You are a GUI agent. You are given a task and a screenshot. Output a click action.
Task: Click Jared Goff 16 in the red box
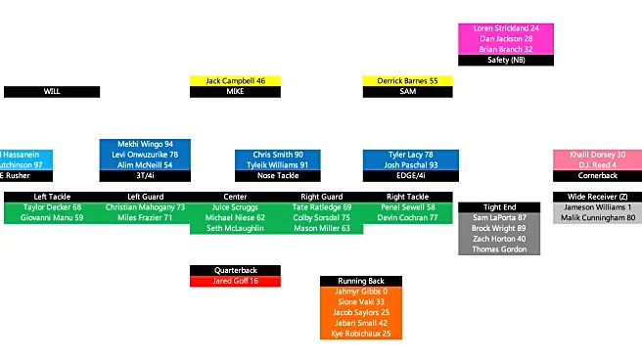pyautogui.click(x=235, y=281)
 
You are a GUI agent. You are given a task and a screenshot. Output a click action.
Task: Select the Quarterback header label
pyautogui.click(x=235, y=270)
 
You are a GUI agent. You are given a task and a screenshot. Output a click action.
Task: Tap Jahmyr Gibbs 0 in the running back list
pyautogui.click(x=361, y=292)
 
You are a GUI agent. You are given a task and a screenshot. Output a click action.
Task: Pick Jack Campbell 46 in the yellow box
pyautogui.click(x=235, y=80)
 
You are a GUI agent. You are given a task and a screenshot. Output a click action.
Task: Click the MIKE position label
pyautogui.click(x=235, y=91)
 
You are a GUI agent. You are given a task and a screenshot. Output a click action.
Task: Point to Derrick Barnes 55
pyautogui.click(x=407, y=80)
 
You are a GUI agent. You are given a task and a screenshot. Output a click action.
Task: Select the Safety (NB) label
pyautogui.click(x=506, y=60)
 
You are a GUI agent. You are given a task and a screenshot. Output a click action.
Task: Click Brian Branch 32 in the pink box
pyautogui.click(x=506, y=49)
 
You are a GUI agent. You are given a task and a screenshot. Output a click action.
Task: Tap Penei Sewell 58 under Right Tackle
pyautogui.click(x=406, y=207)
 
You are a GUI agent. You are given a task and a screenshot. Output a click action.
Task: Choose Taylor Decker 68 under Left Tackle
pyautogui.click(x=53, y=207)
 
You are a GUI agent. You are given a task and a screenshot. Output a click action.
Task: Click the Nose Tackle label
pyautogui.click(x=279, y=176)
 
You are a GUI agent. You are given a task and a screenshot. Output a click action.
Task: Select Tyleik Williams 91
pyautogui.click(x=279, y=165)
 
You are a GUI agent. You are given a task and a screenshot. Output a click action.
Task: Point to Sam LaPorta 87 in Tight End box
pyautogui.click(x=500, y=217)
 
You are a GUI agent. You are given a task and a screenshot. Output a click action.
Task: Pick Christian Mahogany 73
pyautogui.click(x=145, y=207)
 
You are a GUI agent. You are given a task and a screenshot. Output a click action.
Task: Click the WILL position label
pyautogui.click(x=52, y=91)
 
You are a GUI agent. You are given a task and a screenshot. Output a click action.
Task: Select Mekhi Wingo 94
pyautogui.click(x=145, y=144)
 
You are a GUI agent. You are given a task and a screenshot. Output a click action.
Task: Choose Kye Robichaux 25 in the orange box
pyautogui.click(x=361, y=334)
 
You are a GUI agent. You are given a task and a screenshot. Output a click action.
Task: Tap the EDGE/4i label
pyautogui.click(x=407, y=176)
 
